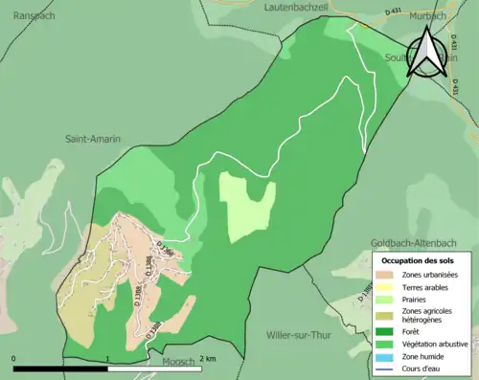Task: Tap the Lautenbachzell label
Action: point(297,7)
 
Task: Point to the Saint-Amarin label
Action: point(93,140)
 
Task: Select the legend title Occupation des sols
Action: point(419,260)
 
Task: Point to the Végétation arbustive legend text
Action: point(437,344)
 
